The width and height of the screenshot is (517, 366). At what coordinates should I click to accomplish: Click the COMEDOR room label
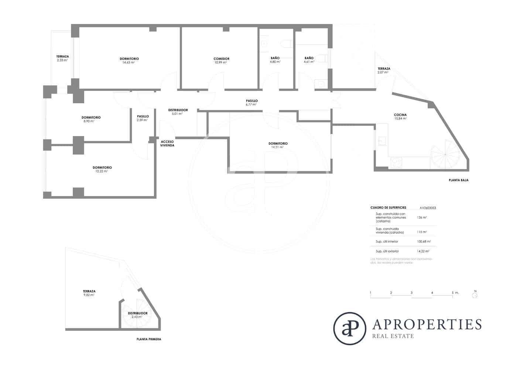tap(221, 59)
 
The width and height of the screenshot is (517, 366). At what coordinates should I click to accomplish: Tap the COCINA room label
tap(400, 115)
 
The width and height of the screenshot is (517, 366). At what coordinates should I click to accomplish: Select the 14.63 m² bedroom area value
tap(129, 63)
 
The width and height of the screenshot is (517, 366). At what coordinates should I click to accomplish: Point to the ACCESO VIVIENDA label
tap(167, 143)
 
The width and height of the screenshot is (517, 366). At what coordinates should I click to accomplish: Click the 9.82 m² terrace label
tap(89, 293)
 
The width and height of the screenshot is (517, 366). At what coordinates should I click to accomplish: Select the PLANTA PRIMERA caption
tap(148, 339)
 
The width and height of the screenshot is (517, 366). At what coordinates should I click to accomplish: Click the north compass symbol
tap(475, 295)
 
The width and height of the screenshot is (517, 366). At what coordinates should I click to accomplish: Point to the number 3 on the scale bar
tap(411, 293)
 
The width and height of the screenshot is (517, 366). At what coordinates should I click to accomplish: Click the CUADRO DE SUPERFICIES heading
tap(388, 208)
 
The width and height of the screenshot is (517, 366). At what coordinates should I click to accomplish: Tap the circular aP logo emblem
tap(349, 328)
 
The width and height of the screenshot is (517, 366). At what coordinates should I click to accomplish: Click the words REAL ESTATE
tap(393, 336)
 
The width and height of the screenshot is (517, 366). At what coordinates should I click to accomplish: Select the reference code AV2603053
tap(428, 208)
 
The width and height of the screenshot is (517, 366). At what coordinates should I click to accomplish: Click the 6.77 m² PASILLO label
tap(251, 103)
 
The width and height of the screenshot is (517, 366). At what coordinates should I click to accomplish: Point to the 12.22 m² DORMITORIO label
tap(102, 169)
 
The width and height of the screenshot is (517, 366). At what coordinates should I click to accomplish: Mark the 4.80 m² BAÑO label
tap(275, 60)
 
